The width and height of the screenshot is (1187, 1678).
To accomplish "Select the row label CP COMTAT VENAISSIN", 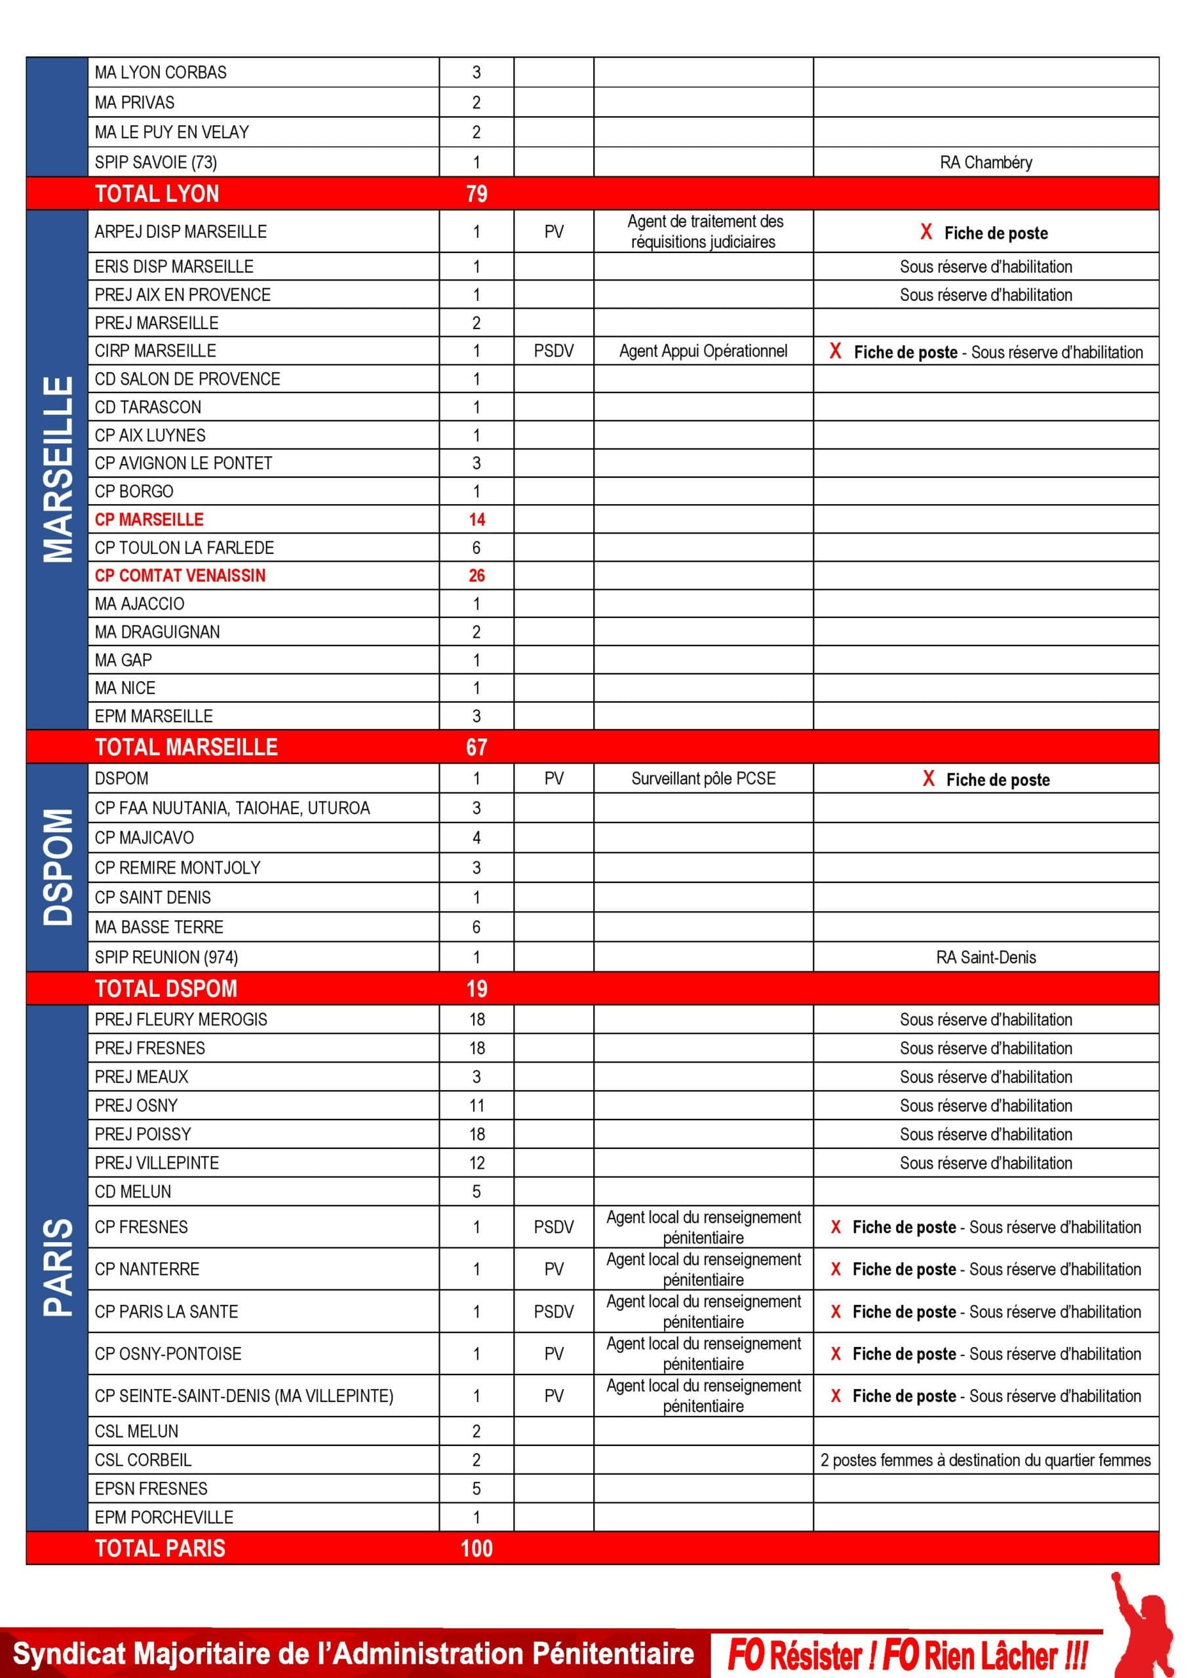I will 180,576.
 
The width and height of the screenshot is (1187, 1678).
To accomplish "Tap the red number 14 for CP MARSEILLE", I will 477,520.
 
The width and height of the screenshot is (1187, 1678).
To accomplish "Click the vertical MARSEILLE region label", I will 58,469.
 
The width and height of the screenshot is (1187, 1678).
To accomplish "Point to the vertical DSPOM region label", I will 58,867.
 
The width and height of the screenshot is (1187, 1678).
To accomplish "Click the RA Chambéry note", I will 985,163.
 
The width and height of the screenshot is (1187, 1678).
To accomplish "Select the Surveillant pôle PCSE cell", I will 703,778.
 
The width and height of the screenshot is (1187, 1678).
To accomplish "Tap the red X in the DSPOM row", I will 928,778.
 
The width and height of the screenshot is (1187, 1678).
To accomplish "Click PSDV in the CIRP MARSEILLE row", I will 553,351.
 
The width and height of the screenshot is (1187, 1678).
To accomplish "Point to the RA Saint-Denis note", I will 985,957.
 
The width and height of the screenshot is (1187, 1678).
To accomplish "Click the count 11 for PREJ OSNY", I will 477,1106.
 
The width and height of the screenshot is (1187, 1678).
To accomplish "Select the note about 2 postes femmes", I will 985,1460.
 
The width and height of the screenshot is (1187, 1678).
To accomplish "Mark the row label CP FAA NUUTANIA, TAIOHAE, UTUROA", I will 233,808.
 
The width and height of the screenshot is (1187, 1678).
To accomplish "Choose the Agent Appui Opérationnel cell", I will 703,351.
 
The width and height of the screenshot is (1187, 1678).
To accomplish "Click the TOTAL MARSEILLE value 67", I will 477,747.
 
